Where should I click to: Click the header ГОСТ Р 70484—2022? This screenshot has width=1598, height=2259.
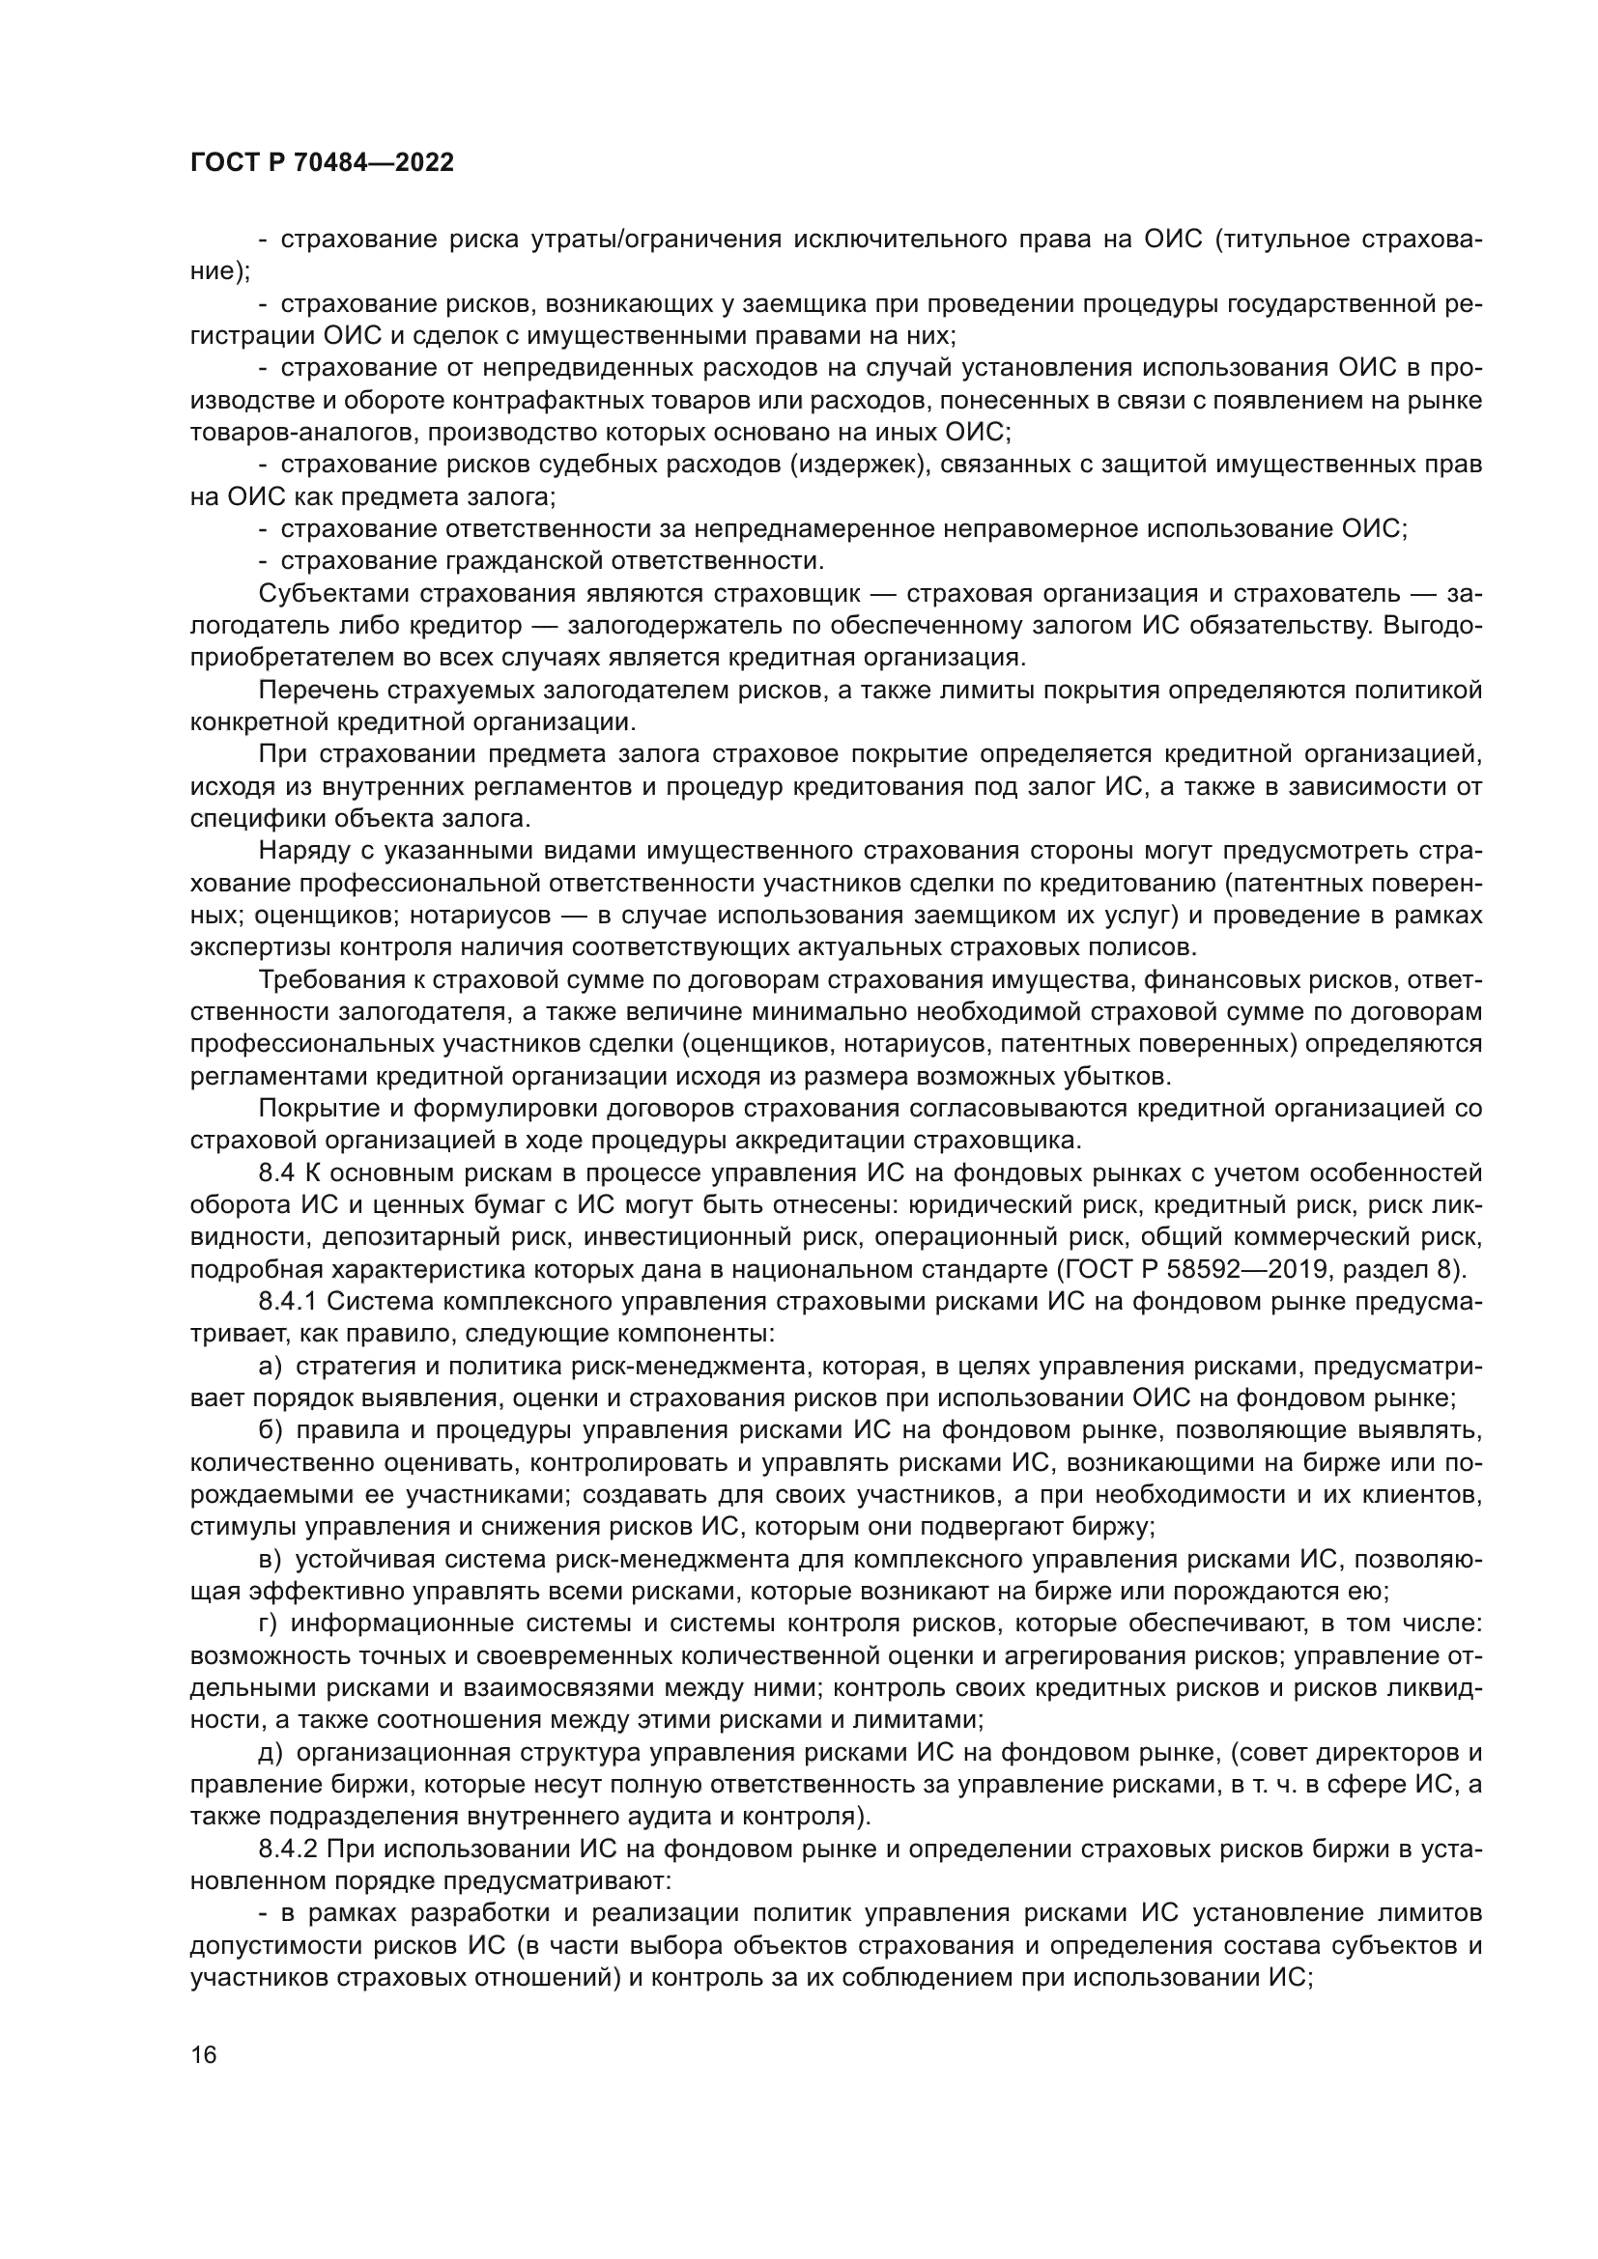(322, 163)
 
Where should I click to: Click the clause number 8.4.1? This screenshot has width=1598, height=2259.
(288, 1303)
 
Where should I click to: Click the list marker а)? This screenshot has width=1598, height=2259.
(270, 1368)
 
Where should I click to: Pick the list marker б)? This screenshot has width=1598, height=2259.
(270, 1431)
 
